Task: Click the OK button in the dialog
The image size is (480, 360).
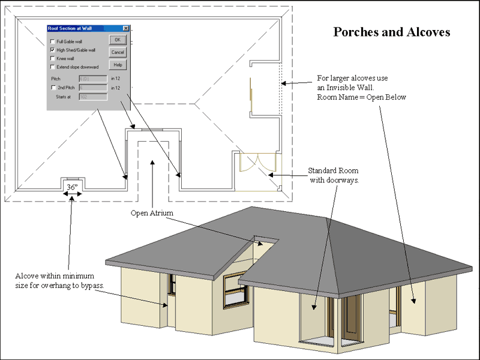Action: click(x=118, y=40)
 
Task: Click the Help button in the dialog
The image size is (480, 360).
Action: click(x=118, y=65)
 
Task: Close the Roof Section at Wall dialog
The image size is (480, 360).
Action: click(x=125, y=28)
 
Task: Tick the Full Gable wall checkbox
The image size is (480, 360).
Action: click(x=53, y=41)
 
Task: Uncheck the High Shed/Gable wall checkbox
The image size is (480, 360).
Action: click(x=53, y=50)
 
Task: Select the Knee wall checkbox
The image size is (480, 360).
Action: click(x=53, y=58)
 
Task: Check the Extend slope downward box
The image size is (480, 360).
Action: click(x=53, y=67)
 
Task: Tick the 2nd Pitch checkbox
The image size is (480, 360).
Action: click(x=53, y=88)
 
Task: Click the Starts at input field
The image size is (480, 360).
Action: click(x=93, y=96)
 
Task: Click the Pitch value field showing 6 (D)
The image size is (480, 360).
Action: click(x=93, y=79)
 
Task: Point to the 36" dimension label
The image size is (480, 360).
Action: click(x=73, y=187)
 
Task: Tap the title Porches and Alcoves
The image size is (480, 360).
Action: click(x=391, y=32)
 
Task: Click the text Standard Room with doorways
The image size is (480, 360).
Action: click(x=334, y=175)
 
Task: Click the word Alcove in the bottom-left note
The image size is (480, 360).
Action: click(x=28, y=275)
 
